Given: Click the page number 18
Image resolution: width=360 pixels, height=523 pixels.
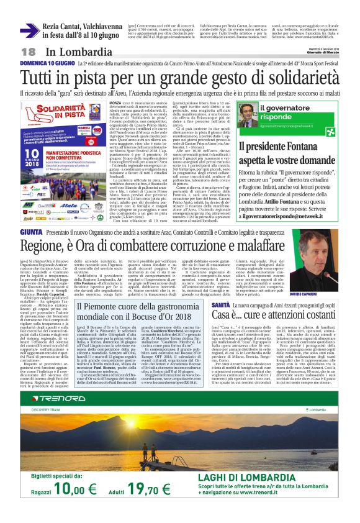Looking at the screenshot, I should coord(28,51).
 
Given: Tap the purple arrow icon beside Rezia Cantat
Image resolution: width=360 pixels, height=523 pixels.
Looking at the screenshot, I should coord(29,29).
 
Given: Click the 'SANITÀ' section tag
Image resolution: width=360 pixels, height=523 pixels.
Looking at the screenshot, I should coord(230,306).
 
